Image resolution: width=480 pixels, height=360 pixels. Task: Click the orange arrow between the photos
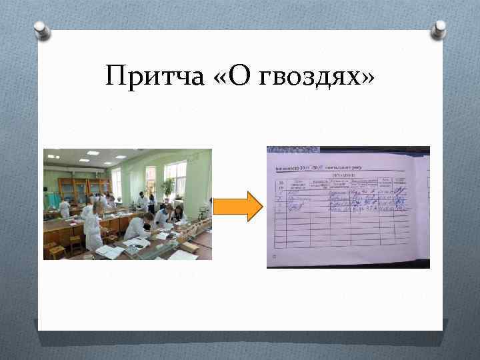pos(240,205)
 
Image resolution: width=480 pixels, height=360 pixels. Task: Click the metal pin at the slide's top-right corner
pos(439,27)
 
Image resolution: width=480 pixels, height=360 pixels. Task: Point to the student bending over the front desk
pos(137,227)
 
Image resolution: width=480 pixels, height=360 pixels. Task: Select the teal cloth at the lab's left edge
pos(46,200)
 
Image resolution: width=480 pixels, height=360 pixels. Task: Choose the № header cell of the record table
pos(281,184)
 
